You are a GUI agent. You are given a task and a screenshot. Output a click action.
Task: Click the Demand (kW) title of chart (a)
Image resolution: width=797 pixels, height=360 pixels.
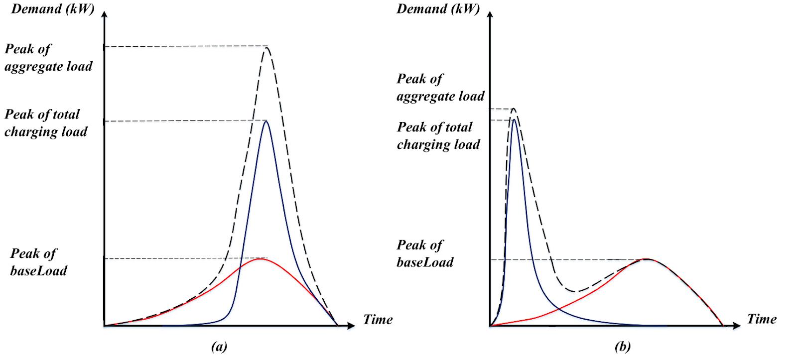(x=52, y=9)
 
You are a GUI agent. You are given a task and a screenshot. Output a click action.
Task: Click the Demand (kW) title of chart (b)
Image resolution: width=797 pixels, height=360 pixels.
(x=438, y=9)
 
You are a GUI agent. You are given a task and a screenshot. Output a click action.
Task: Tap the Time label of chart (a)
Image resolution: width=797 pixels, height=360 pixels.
(x=378, y=319)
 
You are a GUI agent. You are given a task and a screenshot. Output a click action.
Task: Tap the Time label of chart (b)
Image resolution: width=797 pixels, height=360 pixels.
(x=762, y=319)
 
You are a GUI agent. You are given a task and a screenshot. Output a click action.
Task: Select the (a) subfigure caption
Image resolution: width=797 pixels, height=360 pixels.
(x=219, y=347)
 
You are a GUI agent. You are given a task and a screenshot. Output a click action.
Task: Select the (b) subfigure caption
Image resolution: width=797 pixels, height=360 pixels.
(x=623, y=347)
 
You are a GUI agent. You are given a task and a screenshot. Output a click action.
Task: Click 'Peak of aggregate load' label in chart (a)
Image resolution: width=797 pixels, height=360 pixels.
(x=48, y=58)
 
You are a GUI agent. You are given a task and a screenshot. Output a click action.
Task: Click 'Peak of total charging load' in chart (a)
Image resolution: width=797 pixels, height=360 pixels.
(x=46, y=123)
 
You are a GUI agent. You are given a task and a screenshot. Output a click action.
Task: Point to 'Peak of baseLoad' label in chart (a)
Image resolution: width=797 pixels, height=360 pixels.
(x=38, y=262)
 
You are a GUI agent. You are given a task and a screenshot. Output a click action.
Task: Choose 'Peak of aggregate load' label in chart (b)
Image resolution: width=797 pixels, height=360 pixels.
(x=440, y=88)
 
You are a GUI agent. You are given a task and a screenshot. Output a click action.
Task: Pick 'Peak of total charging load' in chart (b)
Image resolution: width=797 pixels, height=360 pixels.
(x=438, y=136)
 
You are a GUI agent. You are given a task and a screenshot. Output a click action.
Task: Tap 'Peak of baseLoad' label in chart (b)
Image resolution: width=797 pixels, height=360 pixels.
(x=425, y=253)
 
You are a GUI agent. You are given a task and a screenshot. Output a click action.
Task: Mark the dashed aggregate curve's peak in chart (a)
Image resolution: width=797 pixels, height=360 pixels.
(x=267, y=47)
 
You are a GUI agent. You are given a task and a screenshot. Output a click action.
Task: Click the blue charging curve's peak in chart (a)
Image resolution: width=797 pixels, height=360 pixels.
(x=266, y=121)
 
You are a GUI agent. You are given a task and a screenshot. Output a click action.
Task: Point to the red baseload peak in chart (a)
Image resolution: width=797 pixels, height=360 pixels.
(x=260, y=259)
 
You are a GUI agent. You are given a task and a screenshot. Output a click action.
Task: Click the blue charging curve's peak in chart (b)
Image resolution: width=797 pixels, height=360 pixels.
(x=514, y=119)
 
